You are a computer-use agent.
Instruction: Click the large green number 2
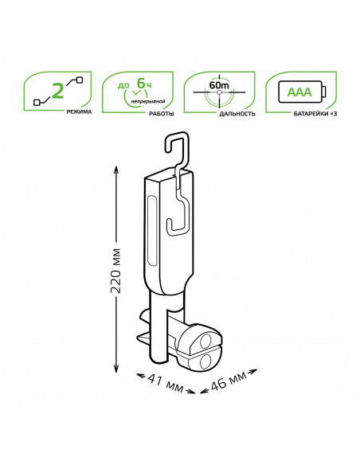coord(58,91)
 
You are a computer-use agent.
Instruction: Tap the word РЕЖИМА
coord(79,111)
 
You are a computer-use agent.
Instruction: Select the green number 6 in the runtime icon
coord(141,83)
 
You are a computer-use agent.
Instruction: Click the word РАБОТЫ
coord(162,114)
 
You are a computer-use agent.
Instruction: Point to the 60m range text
coord(219,85)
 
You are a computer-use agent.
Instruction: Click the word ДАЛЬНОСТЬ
coord(237,114)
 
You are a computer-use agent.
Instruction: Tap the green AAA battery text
coord(299,92)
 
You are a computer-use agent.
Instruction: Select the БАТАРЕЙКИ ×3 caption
coord(315,114)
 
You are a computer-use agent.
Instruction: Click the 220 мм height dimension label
coord(115,272)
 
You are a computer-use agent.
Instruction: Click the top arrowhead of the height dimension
coord(116,170)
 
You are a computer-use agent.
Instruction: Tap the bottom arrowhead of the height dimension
coord(116,369)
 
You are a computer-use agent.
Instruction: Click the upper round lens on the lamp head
coord(205,341)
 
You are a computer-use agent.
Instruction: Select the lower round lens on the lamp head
coord(205,361)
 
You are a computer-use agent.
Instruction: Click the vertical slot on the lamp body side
coord(152,231)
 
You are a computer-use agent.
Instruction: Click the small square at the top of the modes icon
coord(80,80)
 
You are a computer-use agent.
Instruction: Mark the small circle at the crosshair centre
coord(219,92)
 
